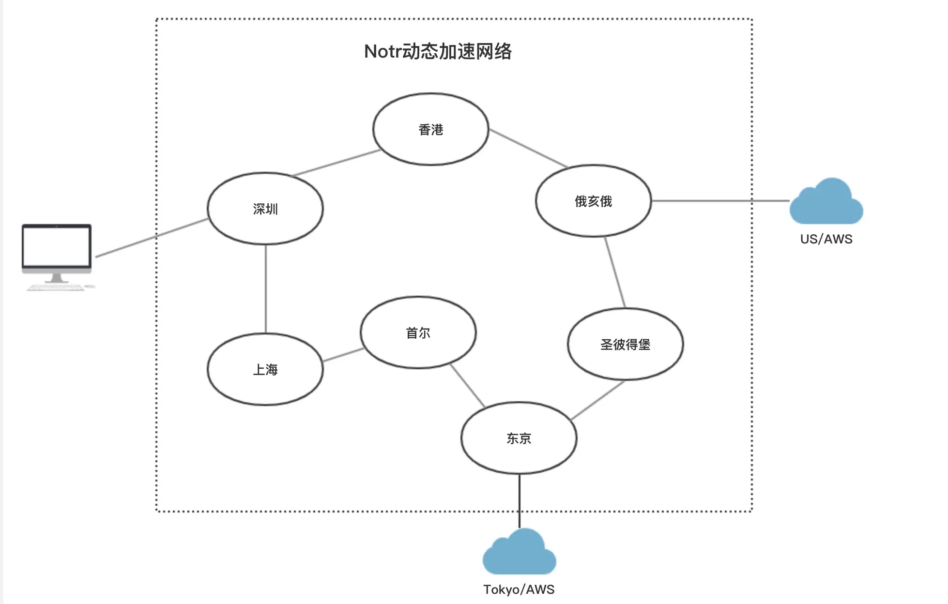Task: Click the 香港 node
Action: (430, 130)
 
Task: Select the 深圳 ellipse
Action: (265, 209)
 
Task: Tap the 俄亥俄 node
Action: (593, 201)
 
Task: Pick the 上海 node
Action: (265, 369)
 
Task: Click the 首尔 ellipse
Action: (418, 332)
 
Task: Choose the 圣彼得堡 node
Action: (625, 344)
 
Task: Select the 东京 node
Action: (519, 438)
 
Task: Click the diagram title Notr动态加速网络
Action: (438, 51)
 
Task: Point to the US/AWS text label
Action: (826, 239)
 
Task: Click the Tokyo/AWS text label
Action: (519, 589)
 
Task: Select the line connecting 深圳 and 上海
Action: (265, 289)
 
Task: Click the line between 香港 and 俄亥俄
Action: (528, 148)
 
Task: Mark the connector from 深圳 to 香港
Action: (336, 162)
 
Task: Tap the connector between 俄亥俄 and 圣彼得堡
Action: (615, 272)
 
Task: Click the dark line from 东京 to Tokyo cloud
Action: (520, 501)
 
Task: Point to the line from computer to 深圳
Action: (153, 237)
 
